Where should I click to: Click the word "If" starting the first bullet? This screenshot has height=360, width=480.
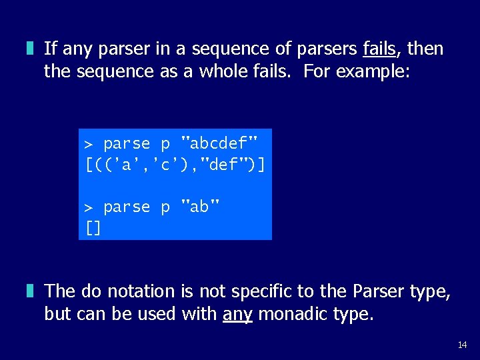tap(49, 49)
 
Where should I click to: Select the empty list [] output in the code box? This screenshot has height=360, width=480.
tap(93, 229)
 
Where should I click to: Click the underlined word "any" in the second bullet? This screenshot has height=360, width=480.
tap(237, 313)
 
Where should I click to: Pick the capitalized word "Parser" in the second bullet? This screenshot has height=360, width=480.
tap(377, 291)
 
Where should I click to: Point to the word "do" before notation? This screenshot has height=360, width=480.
tap(91, 291)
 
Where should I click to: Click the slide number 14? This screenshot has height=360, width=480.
tap(462, 345)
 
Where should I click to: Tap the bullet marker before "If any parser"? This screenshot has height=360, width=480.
tap(30, 49)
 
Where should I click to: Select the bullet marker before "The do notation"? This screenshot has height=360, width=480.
tap(30, 291)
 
